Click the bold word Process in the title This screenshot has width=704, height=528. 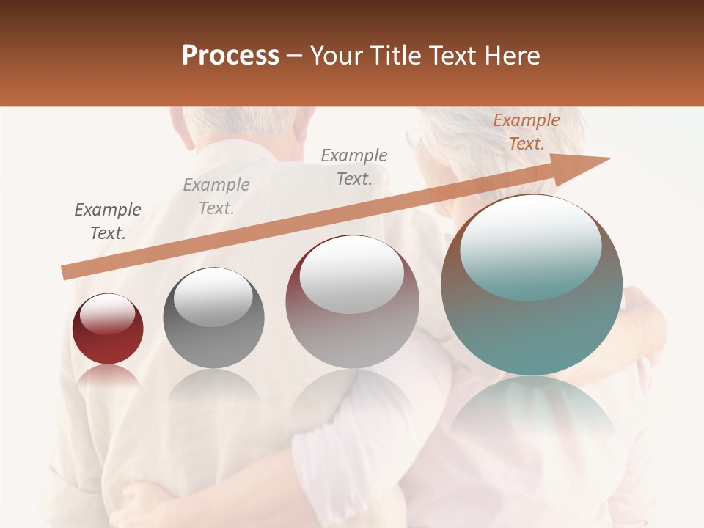coord(230,56)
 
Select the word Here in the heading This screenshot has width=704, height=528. coord(513,56)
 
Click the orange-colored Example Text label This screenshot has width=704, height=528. coord(526,132)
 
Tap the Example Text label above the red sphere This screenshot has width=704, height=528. coord(108,221)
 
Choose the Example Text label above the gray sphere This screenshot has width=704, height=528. coord(216,196)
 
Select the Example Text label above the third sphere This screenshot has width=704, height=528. coord(354,166)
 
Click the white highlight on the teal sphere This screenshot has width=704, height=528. coord(530,246)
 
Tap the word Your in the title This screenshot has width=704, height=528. coord(337,56)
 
